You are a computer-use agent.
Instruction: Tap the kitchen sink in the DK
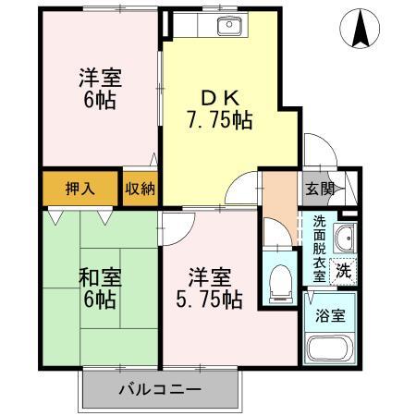(x=227, y=26)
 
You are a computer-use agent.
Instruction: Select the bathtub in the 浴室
(x=329, y=352)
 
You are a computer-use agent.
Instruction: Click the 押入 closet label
(x=79, y=189)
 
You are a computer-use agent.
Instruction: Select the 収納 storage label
(x=141, y=189)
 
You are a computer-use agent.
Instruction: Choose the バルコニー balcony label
(x=159, y=389)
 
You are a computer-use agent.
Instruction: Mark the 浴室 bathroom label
(x=328, y=313)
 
